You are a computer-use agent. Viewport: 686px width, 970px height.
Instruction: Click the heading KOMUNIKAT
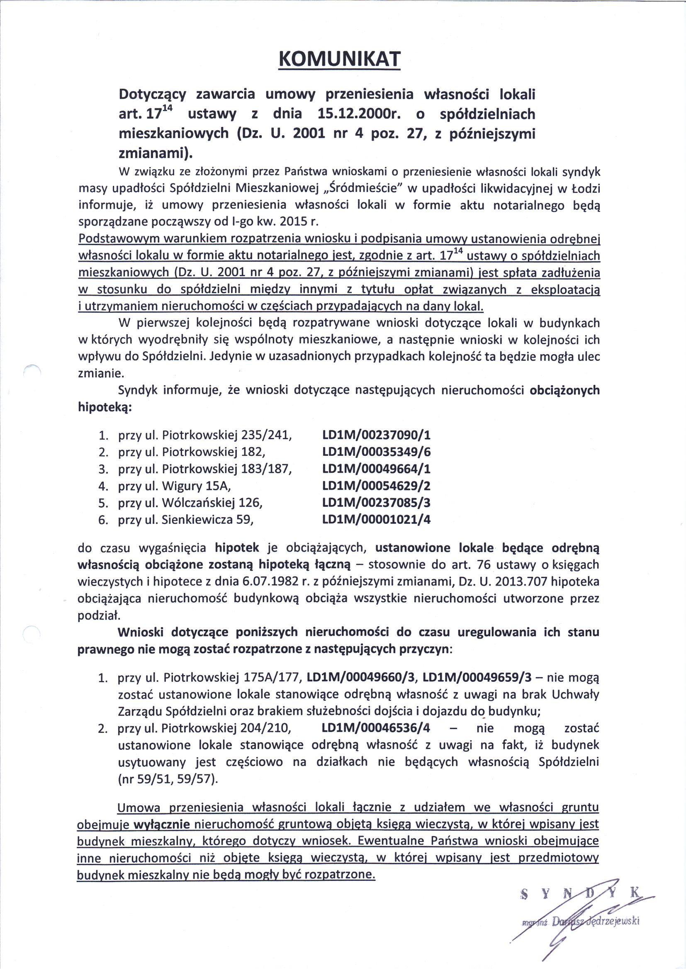click(339, 60)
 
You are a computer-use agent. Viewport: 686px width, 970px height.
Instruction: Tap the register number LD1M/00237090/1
click(376, 435)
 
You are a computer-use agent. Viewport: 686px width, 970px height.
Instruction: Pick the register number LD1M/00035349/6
click(376, 452)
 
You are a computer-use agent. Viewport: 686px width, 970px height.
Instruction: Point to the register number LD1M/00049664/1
click(376, 469)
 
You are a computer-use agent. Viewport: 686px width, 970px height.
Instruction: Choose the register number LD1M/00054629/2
click(376, 486)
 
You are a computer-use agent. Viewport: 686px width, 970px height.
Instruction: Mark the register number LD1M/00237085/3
click(376, 503)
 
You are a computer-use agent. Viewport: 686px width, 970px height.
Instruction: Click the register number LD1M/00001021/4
click(376, 520)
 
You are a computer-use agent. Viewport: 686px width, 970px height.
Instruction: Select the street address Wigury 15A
click(196, 486)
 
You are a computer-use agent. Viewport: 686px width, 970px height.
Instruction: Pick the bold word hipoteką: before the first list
click(105, 408)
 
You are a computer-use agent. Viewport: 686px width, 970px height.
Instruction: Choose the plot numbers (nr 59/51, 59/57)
click(168, 780)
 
